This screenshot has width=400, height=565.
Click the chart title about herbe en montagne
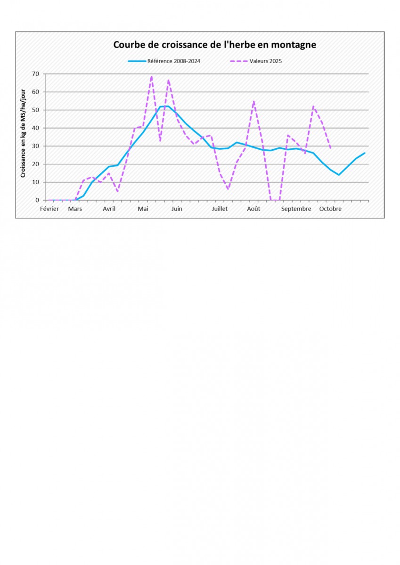click(x=214, y=45)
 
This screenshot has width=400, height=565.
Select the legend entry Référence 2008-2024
click(x=174, y=61)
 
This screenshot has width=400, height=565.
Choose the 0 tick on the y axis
click(x=37, y=200)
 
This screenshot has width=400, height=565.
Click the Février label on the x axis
click(x=49, y=209)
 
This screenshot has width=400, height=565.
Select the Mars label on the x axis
click(x=75, y=209)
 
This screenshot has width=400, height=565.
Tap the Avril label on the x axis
click(x=109, y=209)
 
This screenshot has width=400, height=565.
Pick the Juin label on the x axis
click(x=177, y=209)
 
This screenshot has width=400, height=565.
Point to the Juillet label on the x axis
click(x=220, y=209)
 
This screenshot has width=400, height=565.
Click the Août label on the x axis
click(x=253, y=209)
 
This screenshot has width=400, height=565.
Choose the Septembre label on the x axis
click(x=296, y=209)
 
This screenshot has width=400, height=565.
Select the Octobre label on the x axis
click(x=330, y=209)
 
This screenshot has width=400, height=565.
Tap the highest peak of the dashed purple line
click(x=151, y=76)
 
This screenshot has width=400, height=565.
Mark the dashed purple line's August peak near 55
click(x=254, y=101)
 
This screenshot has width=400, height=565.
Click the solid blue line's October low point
click(x=339, y=175)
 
